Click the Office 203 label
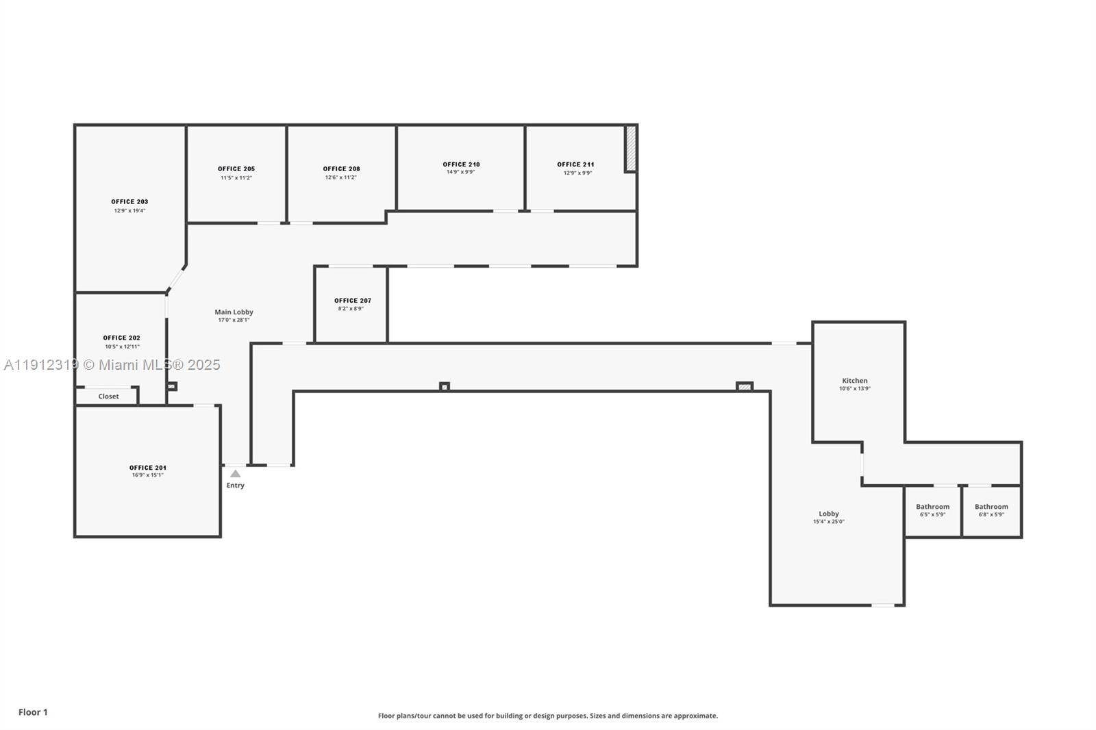pyautogui.click(x=129, y=201)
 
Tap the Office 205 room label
pyautogui.click(x=236, y=168)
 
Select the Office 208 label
pyautogui.click(x=341, y=168)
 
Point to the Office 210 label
pyautogui.click(x=461, y=164)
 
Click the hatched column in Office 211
pyautogui.click(x=631, y=148)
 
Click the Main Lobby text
pyautogui.click(x=234, y=312)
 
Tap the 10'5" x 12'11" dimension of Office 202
pyautogui.click(x=122, y=347)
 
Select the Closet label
pyautogui.click(x=108, y=396)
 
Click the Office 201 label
pyautogui.click(x=147, y=468)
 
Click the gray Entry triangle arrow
pyautogui.click(x=235, y=473)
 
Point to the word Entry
pyautogui.click(x=235, y=485)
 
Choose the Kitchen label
pyautogui.click(x=854, y=380)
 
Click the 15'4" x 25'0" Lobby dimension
pyautogui.click(x=828, y=522)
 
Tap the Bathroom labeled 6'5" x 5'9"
pyautogui.click(x=932, y=510)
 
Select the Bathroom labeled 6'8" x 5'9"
pyautogui.click(x=991, y=510)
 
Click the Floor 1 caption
pyautogui.click(x=33, y=712)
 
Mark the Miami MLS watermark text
pyautogui.click(x=112, y=364)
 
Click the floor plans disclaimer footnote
pyautogui.click(x=548, y=716)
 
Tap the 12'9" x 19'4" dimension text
pyautogui.click(x=129, y=210)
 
